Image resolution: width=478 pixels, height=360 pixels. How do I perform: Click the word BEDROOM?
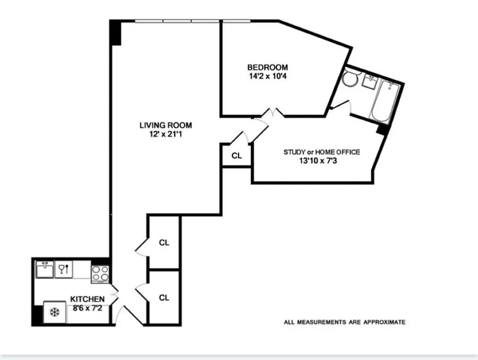tap(267, 67)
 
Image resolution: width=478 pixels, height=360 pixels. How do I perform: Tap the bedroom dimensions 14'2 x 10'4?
tap(267, 76)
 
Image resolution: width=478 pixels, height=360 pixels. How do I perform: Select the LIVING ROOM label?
tap(166, 125)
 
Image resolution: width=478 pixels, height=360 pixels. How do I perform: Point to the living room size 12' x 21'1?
tap(166, 134)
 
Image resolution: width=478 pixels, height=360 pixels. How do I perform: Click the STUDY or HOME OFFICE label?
tap(321, 152)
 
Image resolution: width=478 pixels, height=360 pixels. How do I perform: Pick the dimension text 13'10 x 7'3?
tap(321, 160)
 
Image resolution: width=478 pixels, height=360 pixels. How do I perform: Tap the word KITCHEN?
tap(87, 299)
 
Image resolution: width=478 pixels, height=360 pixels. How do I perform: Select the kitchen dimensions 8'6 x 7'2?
tap(87, 308)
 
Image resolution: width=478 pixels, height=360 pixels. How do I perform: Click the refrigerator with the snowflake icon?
tap(55, 312)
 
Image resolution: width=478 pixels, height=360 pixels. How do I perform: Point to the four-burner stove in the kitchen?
tap(100, 274)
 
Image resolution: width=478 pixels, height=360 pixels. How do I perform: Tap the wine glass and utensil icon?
tap(63, 270)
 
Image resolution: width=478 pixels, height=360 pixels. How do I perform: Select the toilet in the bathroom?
tap(348, 79)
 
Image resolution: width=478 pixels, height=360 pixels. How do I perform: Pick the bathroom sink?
tap(370, 82)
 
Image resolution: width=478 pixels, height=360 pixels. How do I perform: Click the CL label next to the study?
tap(237, 156)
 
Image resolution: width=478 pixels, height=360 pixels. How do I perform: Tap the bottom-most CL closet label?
tap(164, 297)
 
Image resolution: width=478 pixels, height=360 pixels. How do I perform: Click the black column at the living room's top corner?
tap(116, 32)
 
